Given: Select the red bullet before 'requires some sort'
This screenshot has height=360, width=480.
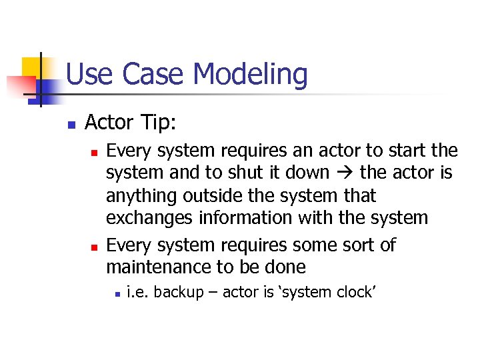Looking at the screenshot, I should (x=94, y=247).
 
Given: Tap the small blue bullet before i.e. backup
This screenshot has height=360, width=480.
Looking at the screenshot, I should (x=116, y=293).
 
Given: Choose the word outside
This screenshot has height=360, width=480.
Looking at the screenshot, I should (x=213, y=196).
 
